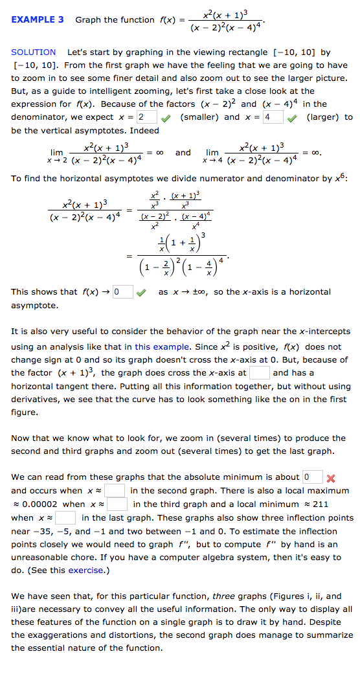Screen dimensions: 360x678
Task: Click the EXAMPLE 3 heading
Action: tap(38, 19)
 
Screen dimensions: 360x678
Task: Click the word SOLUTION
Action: tap(34, 52)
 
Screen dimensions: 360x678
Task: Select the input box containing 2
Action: tap(147, 117)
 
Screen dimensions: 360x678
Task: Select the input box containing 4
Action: tap(273, 117)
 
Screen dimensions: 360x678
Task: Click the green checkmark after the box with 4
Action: tap(292, 117)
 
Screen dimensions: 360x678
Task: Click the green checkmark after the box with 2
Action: tap(166, 117)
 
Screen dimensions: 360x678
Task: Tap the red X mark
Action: tap(331, 478)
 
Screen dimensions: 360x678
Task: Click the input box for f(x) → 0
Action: tap(123, 292)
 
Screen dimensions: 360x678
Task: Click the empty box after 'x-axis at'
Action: tap(260, 372)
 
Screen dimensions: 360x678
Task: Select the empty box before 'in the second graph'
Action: tap(115, 491)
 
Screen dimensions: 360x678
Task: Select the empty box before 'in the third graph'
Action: tap(117, 504)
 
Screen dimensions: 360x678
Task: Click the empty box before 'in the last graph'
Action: tap(65, 517)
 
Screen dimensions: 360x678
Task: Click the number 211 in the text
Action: tap(321, 504)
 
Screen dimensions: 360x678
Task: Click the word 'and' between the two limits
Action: tap(183, 153)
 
